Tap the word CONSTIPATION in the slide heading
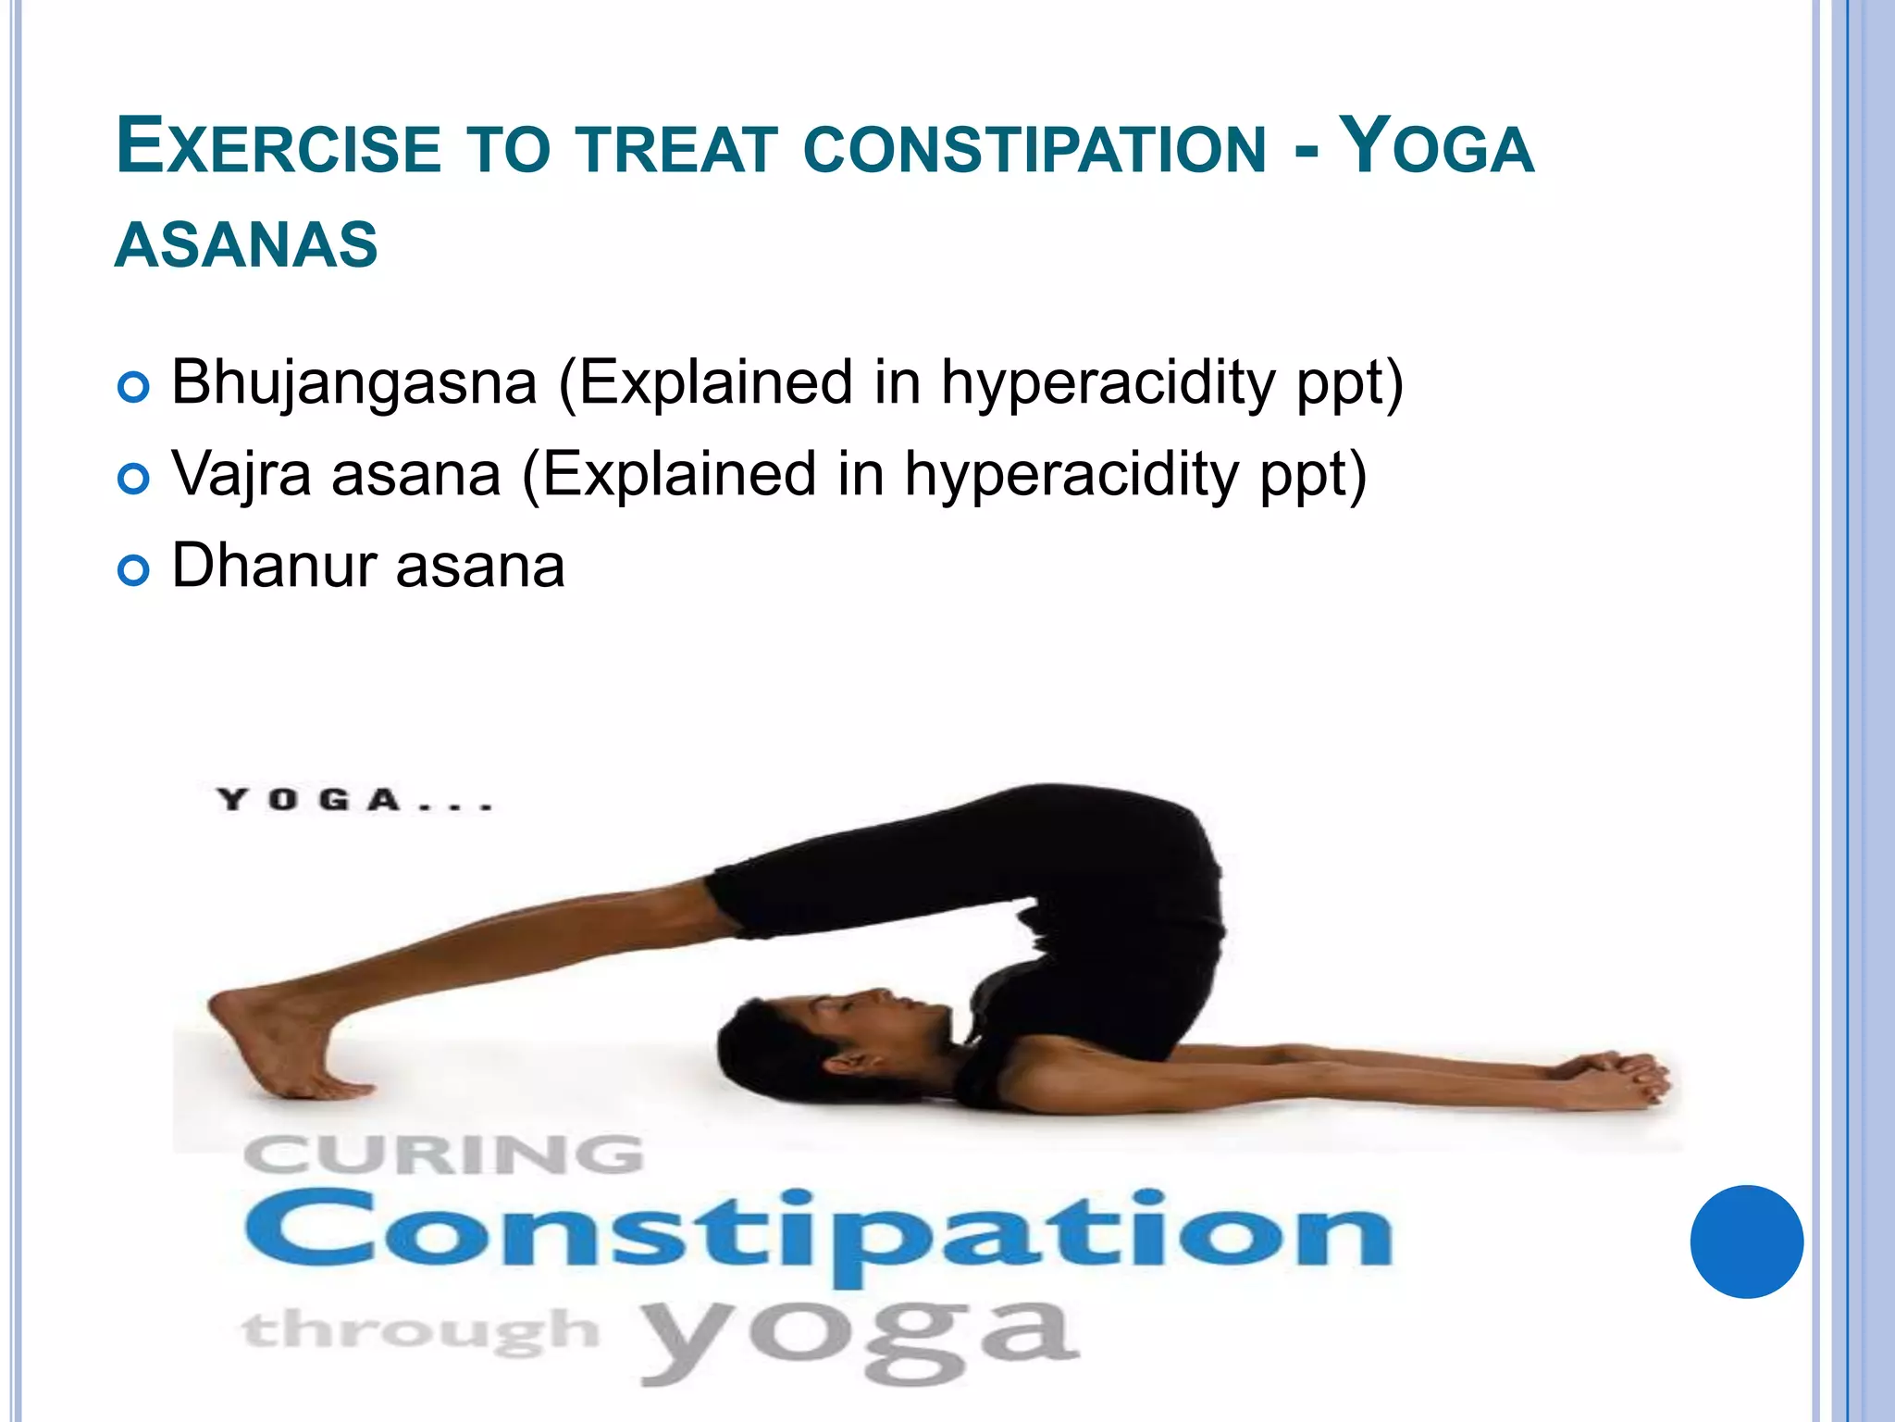tap(1034, 148)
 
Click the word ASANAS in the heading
tap(246, 244)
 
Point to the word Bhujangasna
tap(354, 381)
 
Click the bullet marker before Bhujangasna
tap(134, 387)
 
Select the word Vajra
tap(242, 474)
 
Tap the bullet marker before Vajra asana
tap(134, 479)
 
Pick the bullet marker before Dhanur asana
tap(134, 570)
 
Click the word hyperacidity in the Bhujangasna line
tap(1108, 381)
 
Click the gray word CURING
tap(444, 1156)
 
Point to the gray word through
tap(421, 1331)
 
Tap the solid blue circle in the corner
tap(1746, 1241)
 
